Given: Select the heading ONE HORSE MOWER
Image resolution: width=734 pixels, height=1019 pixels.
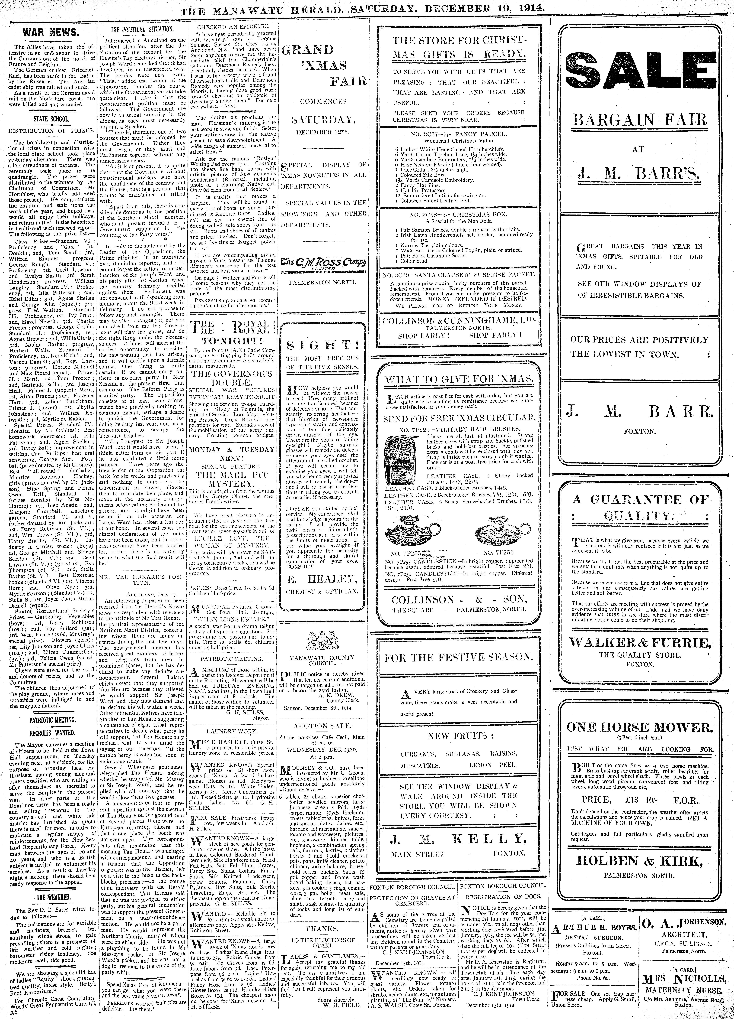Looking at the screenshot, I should tap(639, 727).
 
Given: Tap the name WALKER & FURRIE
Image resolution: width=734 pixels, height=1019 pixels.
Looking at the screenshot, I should tap(640, 642).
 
